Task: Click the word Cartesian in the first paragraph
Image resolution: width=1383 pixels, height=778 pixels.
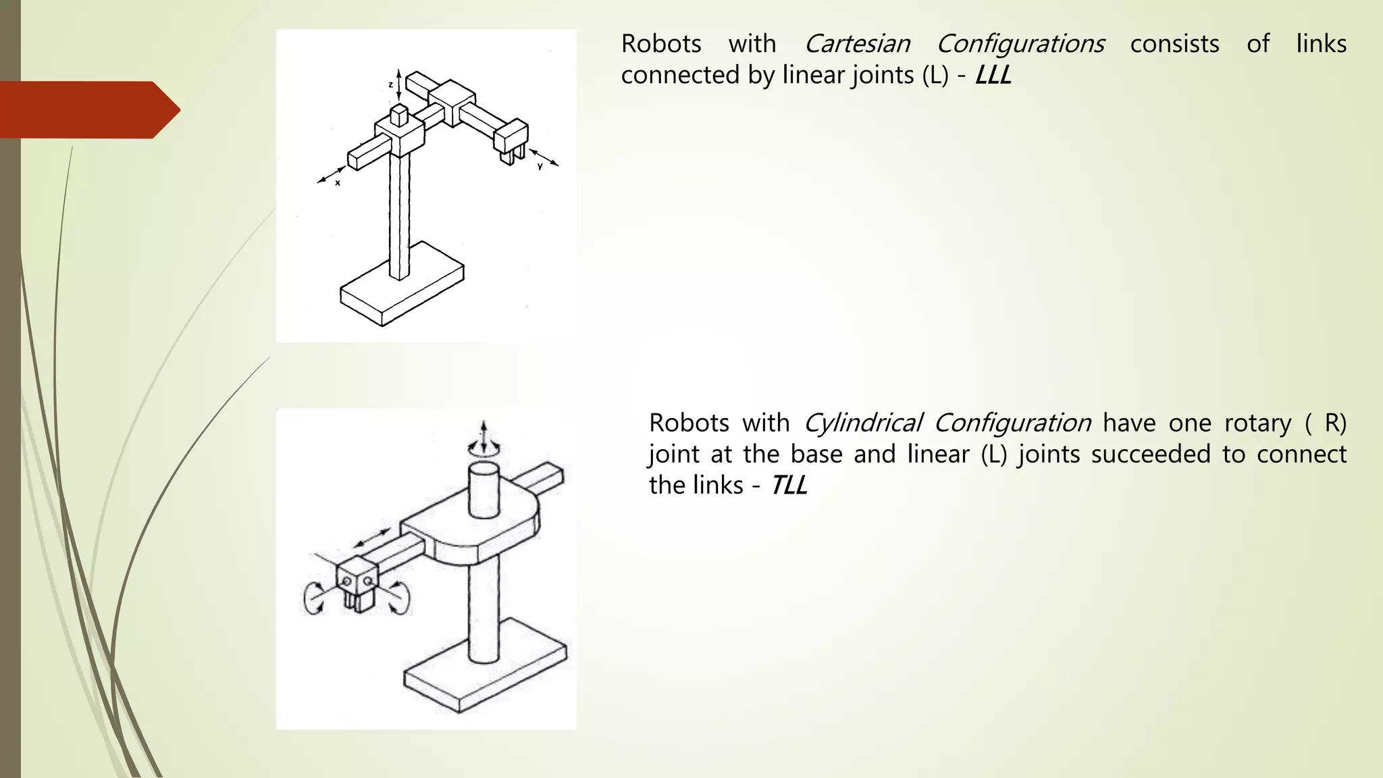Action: [857, 44]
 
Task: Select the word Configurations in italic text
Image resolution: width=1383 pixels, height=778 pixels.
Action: [1020, 44]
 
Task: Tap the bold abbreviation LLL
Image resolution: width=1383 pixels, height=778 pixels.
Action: [993, 75]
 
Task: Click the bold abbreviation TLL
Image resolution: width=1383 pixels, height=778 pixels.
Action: [788, 485]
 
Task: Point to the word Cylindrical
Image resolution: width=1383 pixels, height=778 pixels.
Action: [862, 423]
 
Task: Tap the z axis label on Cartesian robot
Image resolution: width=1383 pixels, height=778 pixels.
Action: [390, 84]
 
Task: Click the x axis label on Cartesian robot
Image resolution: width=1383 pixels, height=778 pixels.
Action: [338, 183]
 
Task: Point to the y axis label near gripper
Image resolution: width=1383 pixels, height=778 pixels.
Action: [540, 166]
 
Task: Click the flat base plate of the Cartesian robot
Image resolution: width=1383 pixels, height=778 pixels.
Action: [401, 290]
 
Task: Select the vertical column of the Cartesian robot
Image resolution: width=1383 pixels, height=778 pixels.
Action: [400, 216]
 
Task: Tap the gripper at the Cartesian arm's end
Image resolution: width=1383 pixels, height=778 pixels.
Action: [511, 142]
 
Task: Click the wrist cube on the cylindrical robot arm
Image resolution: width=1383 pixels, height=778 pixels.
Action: [357, 578]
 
